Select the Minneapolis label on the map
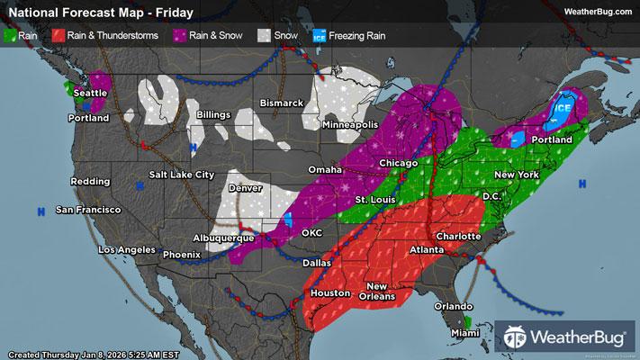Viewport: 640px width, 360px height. [x=356, y=123]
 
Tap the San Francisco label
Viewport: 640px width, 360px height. [x=87, y=210]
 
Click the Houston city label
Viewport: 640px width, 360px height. [x=329, y=294]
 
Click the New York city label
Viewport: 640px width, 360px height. [x=516, y=173]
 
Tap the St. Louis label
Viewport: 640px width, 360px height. [x=372, y=198]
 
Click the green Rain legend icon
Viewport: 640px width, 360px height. [x=11, y=35]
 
